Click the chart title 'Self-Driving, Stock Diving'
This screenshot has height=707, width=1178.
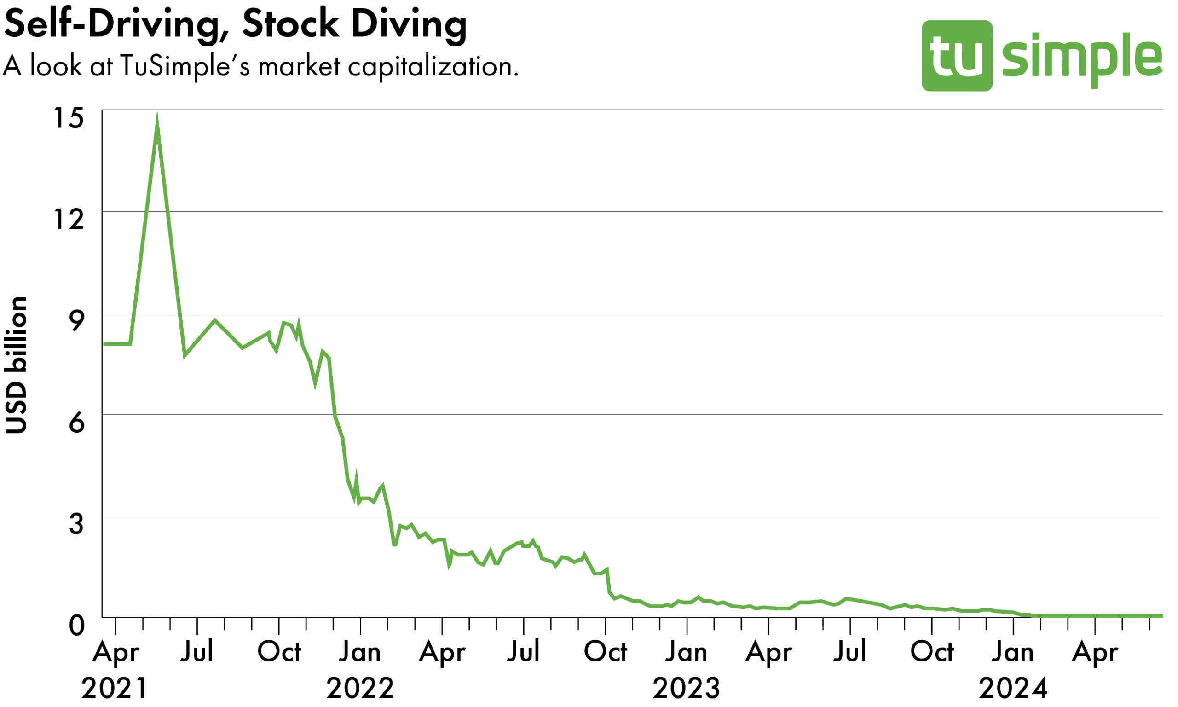235,24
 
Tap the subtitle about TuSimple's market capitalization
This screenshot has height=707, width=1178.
260,66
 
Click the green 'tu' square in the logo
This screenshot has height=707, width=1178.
957,56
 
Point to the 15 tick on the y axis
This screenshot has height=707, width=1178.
69,118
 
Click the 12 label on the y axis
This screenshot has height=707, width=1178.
69,220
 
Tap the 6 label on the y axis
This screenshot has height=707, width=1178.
76,423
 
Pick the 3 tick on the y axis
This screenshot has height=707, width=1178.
76,524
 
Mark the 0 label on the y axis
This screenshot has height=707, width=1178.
76,626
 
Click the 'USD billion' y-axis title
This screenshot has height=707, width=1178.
16,365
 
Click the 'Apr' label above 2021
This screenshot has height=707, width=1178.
115,652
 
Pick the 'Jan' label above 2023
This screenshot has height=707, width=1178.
686,652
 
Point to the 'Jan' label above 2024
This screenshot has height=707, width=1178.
1013,652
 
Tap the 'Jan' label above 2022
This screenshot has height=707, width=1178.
360,652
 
